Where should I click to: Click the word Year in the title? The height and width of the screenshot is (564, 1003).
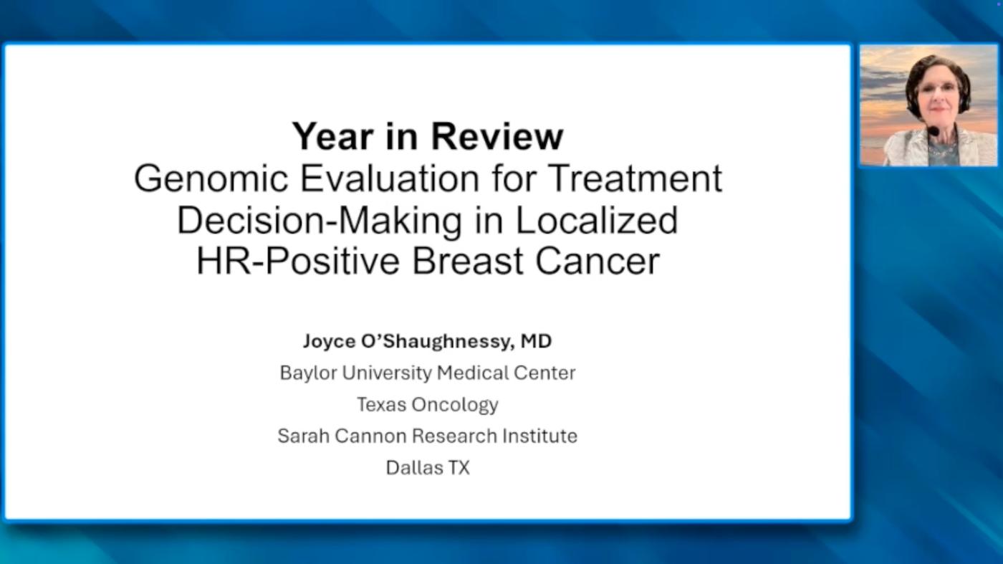pos(332,136)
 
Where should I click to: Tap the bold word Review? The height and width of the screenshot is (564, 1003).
pos(497,136)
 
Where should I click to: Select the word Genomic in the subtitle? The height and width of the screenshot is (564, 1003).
pos(211,179)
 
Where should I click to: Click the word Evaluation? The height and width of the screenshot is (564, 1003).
pos(389,178)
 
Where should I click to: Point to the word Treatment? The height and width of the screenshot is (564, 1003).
pos(635,178)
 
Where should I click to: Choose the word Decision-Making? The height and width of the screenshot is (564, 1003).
pos(320,221)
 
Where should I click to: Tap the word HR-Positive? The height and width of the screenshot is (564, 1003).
pos(298,261)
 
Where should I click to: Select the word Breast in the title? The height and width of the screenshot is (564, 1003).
pos(467,261)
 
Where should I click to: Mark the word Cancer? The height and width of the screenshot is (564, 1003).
pos(598,261)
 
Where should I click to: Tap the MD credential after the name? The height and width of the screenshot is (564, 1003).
pos(536,341)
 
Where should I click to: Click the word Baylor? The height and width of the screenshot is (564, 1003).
pos(308,373)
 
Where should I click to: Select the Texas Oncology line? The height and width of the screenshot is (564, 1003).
pos(428,404)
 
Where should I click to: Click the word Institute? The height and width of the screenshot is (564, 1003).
pos(539,436)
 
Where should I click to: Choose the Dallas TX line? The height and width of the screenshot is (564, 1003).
pos(428,468)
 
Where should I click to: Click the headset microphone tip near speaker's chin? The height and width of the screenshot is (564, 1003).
pos(933,132)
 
